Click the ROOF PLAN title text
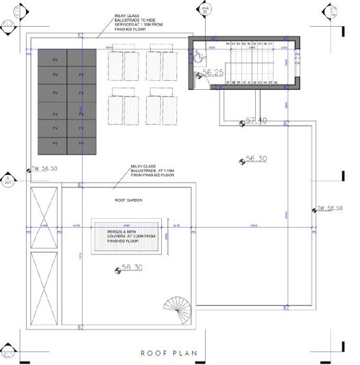pos(168,354)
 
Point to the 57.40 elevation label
pos(255,121)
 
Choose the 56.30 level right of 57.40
pos(254,158)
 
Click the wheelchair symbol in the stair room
pos(199,59)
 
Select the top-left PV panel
pos(53,58)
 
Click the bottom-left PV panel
pos(53,144)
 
